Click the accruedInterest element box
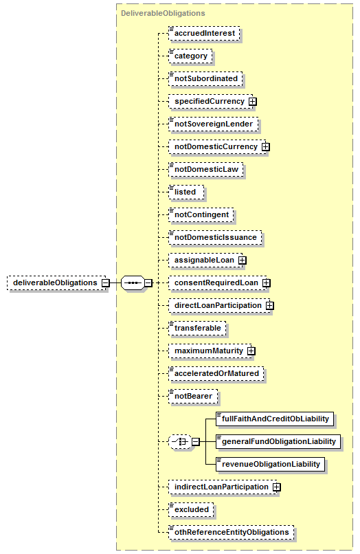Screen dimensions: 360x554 pos(204,33)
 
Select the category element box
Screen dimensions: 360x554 pos(190,56)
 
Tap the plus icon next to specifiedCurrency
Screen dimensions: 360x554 pos(252,102)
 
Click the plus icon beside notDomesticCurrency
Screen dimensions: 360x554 pos(266,146)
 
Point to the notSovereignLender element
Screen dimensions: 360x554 pos(214,124)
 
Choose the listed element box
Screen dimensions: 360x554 pos(186,192)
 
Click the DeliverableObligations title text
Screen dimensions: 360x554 pos(163,13)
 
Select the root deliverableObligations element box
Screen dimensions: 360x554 pos(56,283)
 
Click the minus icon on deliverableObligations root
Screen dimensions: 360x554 pos(106,283)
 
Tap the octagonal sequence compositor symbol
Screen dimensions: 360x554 pos(133,283)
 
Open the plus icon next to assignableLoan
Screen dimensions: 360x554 pos(243,260)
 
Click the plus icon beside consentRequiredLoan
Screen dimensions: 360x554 pos(267,283)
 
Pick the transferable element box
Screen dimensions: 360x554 pos(197,329)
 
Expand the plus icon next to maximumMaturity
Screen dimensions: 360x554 pos(251,351)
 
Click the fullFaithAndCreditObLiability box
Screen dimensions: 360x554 pos(275,419)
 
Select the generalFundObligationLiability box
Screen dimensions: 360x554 pos(278,442)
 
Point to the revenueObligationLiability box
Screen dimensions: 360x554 pos(270,464)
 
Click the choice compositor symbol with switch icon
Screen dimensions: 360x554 pos(181,442)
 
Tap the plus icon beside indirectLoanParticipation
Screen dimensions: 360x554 pos(277,487)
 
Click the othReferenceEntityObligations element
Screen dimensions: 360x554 pos(232,533)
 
